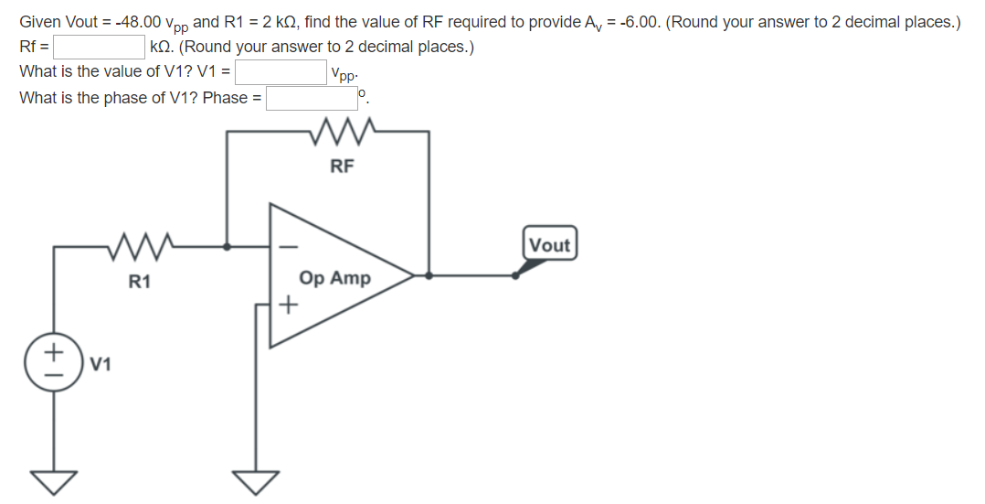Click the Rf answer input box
(100, 46)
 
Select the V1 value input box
(281, 71)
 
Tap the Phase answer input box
(311, 97)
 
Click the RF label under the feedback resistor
(341, 166)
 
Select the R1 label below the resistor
(139, 282)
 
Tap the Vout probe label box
(549, 245)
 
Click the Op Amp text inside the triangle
(334, 278)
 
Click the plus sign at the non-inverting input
(288, 305)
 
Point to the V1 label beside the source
(102, 365)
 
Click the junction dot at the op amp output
(429, 274)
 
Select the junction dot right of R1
(228, 246)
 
